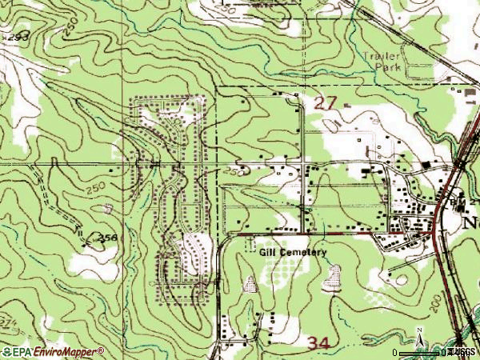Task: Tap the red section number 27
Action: [x=326, y=102]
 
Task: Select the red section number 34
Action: [x=319, y=342]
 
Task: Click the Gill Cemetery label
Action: [x=294, y=252]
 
